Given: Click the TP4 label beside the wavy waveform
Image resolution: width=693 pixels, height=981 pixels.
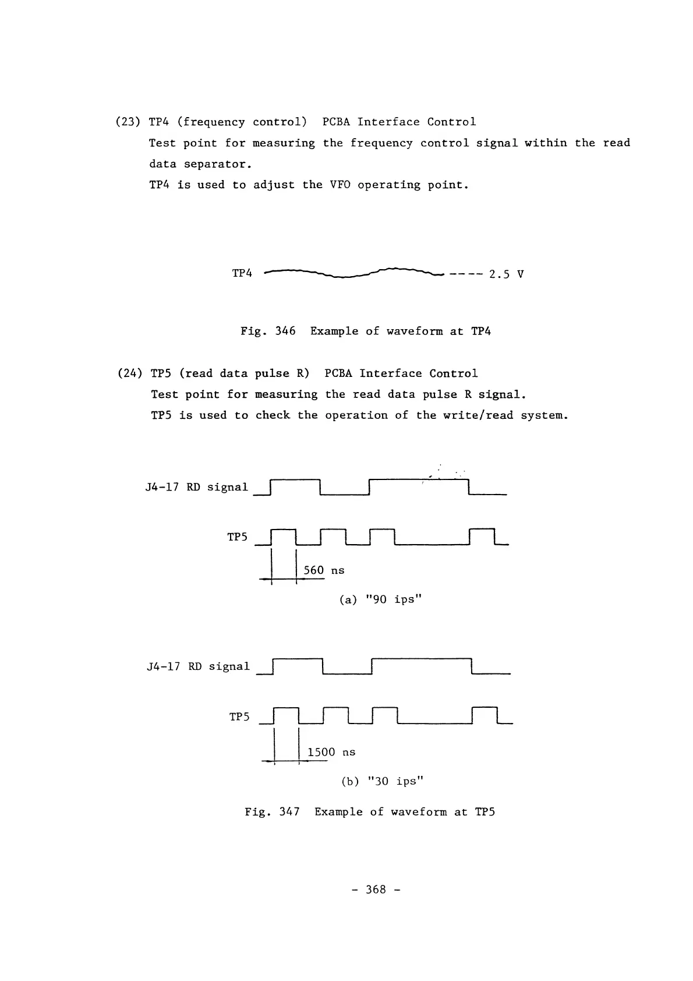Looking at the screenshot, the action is [242, 273].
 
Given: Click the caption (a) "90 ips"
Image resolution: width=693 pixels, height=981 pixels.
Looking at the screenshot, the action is [380, 599].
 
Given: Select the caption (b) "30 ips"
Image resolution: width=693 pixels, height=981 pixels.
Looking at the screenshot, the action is [382, 781].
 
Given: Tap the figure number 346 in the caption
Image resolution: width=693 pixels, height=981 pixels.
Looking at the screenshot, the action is [285, 331].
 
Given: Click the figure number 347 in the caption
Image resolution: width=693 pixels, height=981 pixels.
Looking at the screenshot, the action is [289, 812].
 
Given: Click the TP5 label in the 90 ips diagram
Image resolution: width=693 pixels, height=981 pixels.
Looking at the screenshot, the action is [238, 537].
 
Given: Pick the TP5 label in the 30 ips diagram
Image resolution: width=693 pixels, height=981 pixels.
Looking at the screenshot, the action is [239, 717].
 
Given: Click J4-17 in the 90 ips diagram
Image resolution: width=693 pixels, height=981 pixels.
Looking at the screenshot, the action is [162, 488].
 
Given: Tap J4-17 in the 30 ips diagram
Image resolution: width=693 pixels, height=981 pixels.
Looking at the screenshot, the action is [164, 667].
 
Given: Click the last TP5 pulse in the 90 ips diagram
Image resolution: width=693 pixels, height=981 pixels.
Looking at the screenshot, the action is [482, 536].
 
